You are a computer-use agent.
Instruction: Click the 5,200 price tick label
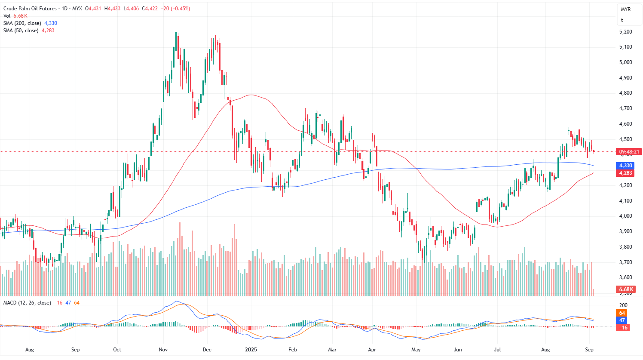pos(625,32)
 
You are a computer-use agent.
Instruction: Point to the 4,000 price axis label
pos(625,216)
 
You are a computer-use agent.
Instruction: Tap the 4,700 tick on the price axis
pos(625,108)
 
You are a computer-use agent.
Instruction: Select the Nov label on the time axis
pos(163,350)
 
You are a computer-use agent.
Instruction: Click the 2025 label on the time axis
pos(251,350)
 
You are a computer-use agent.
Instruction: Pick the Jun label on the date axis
pos(458,350)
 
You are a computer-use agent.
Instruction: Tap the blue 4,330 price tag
pos(625,166)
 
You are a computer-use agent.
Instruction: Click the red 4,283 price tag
pos(625,173)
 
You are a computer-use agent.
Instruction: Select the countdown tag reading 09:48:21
pos(629,152)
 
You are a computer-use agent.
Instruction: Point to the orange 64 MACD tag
pos(622,313)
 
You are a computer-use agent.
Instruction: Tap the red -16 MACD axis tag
pos(623,328)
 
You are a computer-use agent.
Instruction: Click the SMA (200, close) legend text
pos(22,23)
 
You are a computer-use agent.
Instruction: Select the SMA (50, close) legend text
pos(21,31)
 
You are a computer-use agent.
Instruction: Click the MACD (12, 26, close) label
pos(27,303)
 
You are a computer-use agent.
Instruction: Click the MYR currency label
pos(625,9)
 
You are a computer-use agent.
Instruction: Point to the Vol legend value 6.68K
pos(20,16)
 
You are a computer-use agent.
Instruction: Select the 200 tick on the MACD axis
pos(623,305)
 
